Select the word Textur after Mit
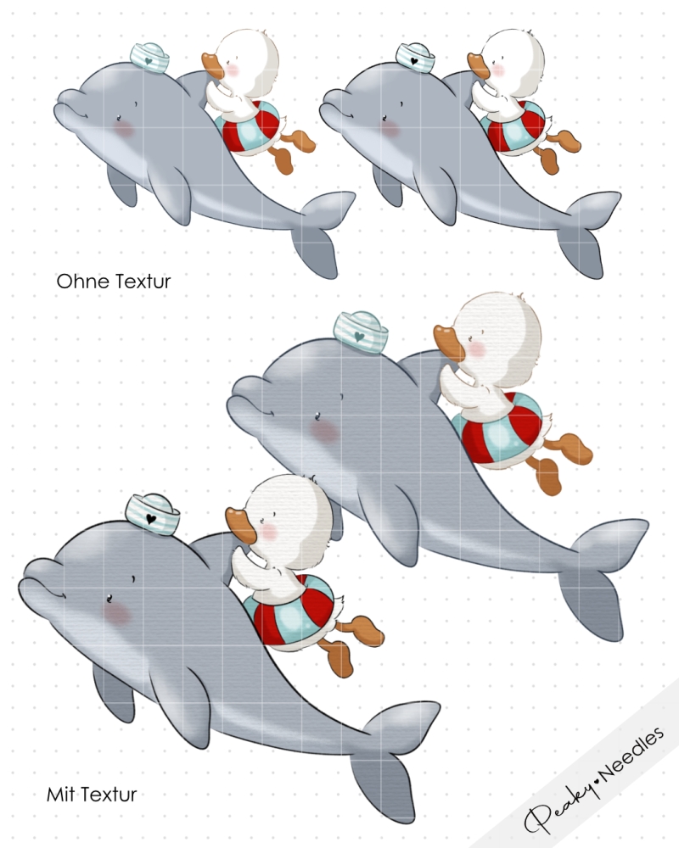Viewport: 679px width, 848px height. coord(110,795)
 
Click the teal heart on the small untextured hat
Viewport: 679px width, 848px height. coord(149,61)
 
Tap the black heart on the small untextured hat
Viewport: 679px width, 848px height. coord(414,61)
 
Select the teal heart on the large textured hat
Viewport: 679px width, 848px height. coord(358,337)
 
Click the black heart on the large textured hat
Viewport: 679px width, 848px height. coord(151,519)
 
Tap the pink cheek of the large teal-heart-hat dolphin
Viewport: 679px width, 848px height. coord(323,432)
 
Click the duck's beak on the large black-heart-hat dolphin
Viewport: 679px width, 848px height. coord(238,525)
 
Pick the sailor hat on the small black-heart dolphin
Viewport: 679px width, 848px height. coord(415,59)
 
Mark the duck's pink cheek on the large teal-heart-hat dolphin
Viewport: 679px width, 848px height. coord(477,349)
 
